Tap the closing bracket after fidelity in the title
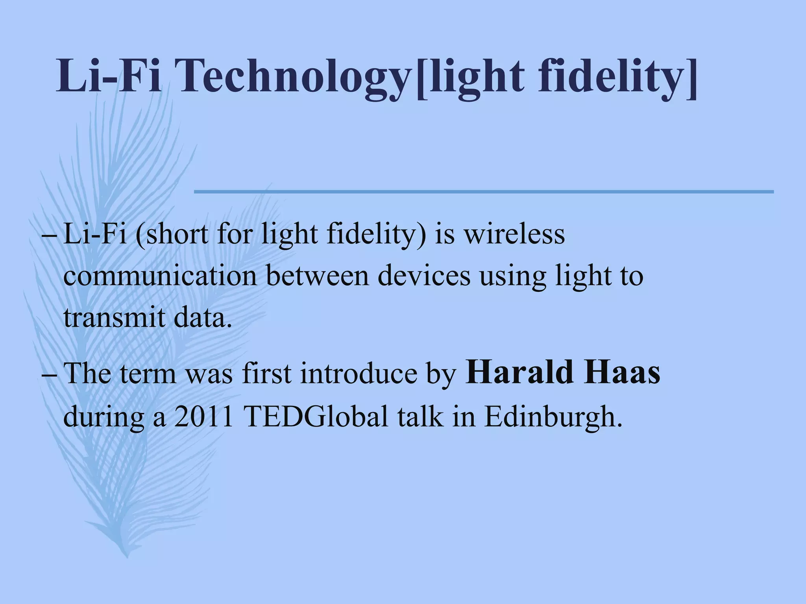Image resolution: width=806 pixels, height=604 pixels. point(690,77)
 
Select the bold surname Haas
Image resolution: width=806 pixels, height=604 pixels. point(623,373)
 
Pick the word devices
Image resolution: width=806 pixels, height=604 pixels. point(424,276)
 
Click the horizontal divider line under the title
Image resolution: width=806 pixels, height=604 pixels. point(484,192)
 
